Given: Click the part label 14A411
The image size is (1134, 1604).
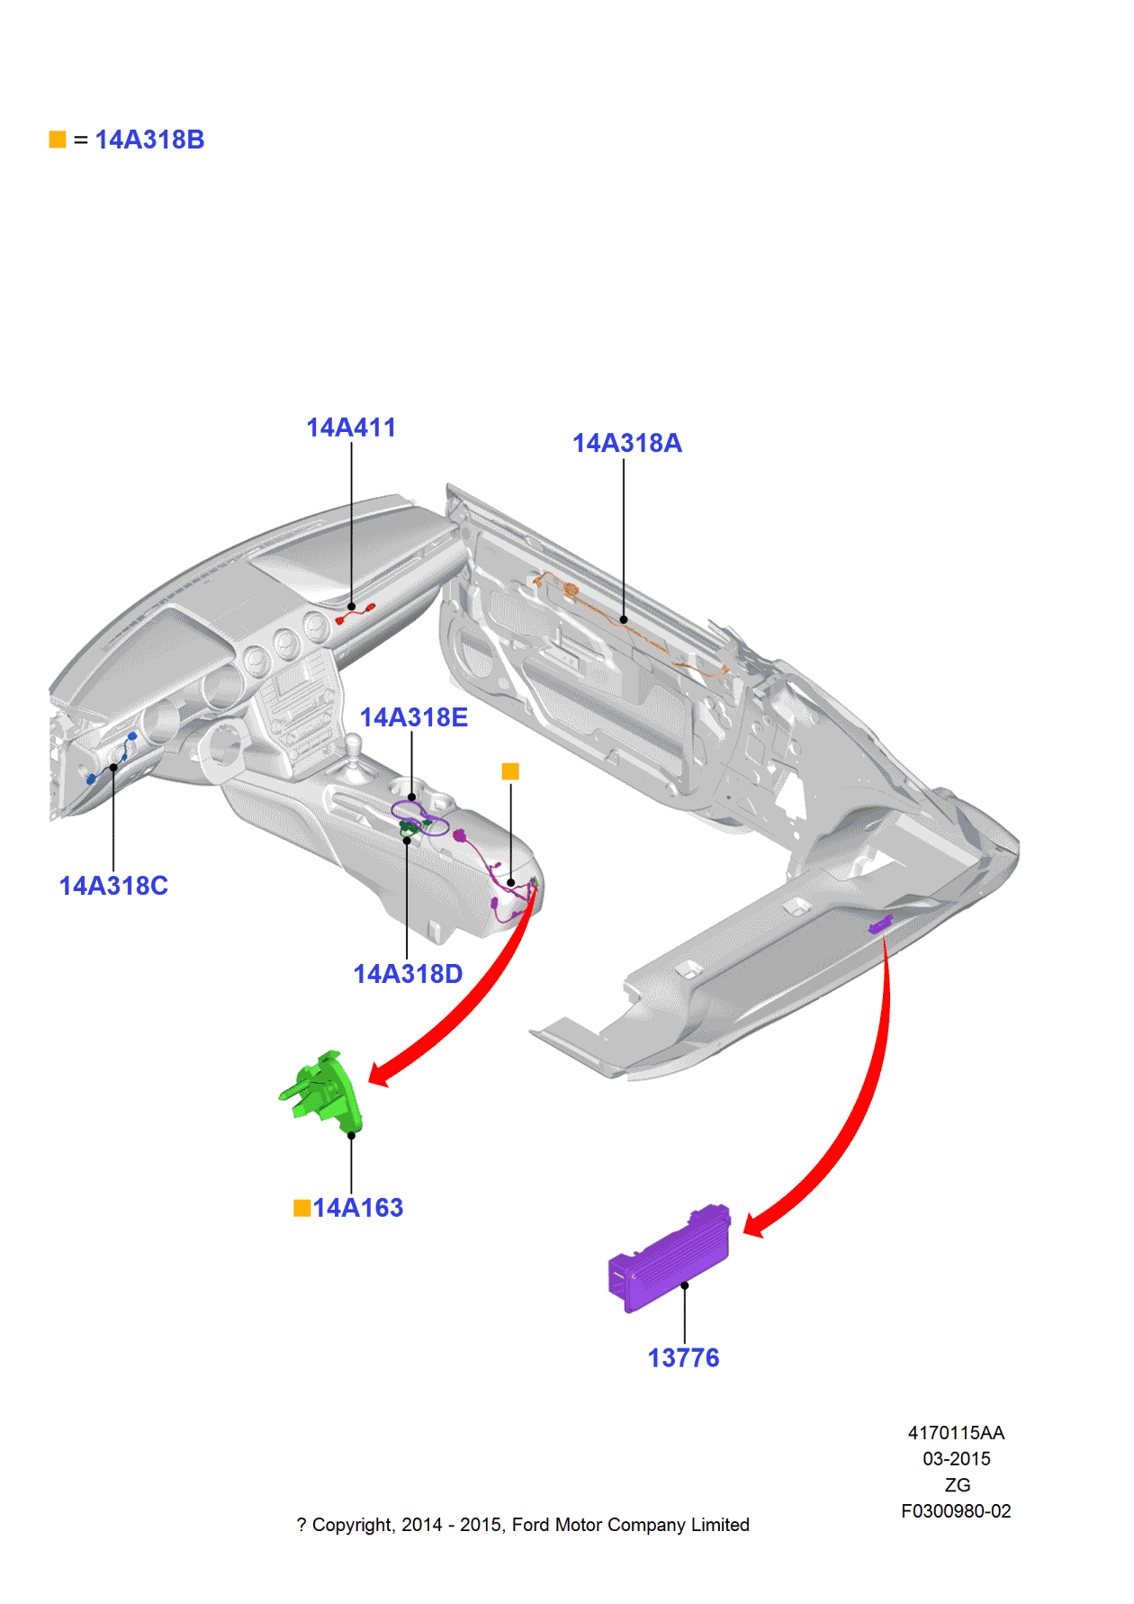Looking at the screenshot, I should [351, 428].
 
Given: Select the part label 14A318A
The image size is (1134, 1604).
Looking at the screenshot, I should [627, 443].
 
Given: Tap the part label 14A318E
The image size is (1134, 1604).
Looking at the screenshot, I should [413, 717].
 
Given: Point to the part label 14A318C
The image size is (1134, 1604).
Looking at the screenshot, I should [113, 886].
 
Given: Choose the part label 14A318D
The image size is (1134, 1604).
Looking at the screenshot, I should [408, 974].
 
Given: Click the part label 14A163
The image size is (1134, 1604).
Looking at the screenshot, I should [358, 1208].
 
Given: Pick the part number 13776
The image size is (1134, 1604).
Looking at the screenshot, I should [683, 1357].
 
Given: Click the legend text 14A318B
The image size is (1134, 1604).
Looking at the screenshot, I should [150, 140].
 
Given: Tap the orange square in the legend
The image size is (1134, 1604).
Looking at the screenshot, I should [58, 140].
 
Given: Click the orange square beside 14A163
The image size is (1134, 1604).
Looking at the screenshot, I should [302, 1208].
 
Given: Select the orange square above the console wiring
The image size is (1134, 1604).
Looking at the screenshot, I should [510, 771].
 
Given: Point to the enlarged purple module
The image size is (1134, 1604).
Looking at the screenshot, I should [668, 1258].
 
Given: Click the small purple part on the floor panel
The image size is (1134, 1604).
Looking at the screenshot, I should [879, 924].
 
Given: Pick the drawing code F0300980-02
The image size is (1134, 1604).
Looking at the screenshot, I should [956, 1511].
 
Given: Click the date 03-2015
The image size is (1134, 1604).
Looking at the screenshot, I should [956, 1459].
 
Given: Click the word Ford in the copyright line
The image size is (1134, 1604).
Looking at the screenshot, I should [530, 1525].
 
